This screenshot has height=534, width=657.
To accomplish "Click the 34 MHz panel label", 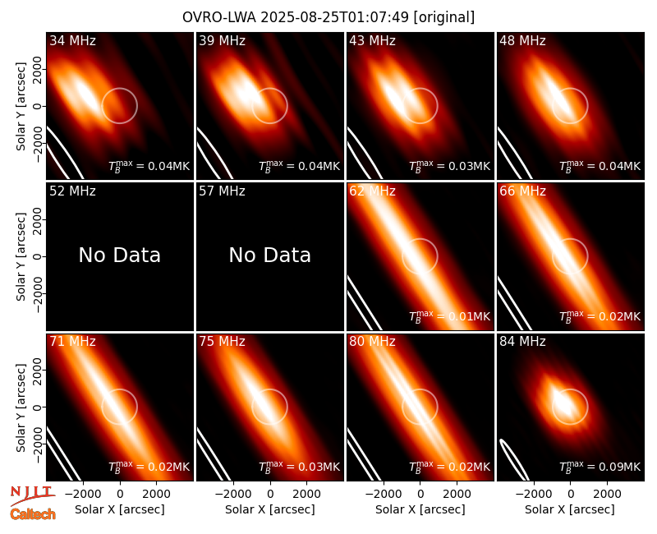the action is (x=72, y=40).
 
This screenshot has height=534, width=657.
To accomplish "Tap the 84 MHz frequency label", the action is (x=522, y=342).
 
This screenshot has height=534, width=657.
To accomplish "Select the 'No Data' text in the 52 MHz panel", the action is (x=120, y=255).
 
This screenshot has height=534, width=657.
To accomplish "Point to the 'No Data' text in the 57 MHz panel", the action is (x=270, y=255).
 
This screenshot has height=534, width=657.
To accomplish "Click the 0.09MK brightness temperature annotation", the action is (x=600, y=466).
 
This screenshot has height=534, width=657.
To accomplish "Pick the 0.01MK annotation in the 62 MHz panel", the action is (x=449, y=315).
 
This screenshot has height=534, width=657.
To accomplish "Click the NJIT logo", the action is (x=32, y=495).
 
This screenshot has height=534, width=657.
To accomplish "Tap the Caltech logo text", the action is (x=33, y=514).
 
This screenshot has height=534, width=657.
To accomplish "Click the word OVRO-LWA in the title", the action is (x=219, y=17).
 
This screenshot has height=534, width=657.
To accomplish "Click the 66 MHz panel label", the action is (x=522, y=191).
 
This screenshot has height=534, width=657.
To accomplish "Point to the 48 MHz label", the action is (x=522, y=40).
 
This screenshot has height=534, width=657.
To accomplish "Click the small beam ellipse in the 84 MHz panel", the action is (x=514, y=459).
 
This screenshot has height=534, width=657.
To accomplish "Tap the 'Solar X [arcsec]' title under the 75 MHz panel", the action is (x=270, y=509).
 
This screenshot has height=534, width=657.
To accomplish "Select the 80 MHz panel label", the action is (x=372, y=342).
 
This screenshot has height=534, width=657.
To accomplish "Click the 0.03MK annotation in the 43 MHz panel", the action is (x=449, y=166).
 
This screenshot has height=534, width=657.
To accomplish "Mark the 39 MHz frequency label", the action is (x=222, y=40).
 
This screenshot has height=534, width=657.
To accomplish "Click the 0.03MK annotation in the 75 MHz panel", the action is (x=299, y=466).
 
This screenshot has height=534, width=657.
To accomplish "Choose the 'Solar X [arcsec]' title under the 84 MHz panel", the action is (x=570, y=509).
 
